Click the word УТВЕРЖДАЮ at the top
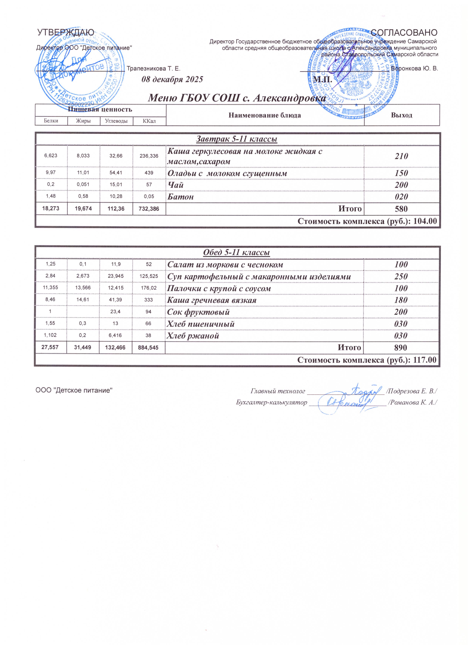click(66, 33)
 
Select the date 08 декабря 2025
click(172, 79)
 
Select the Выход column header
click(401, 115)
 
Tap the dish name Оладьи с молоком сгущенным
click(227, 173)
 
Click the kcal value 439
click(149, 173)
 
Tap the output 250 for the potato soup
click(401, 277)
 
